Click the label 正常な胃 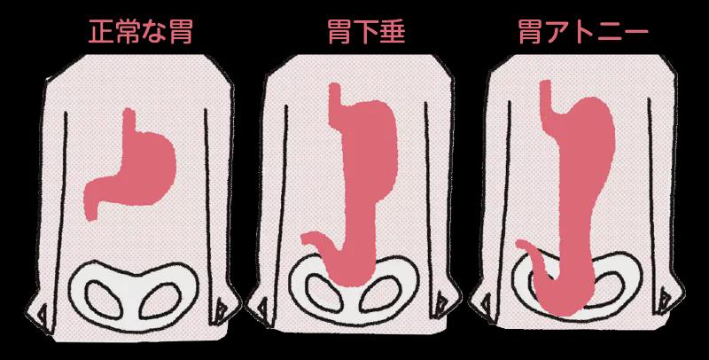pyautogui.click(x=141, y=32)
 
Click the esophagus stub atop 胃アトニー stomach pyautogui.click(x=548, y=92)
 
